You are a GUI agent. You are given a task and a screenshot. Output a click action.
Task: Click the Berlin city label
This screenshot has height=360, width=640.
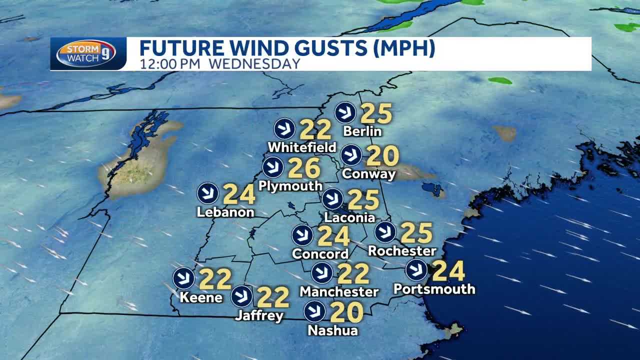(362, 131)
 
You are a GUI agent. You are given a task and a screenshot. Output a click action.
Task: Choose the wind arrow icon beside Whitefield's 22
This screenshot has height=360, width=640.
(284, 129)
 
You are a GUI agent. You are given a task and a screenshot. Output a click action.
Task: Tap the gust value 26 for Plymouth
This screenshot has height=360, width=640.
(304, 168)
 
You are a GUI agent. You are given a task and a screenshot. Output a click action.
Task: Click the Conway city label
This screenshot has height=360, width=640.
(369, 173)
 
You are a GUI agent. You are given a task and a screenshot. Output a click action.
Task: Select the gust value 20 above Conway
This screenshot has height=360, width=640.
(382, 155)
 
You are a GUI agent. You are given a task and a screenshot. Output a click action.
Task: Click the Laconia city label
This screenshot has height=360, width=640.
(349, 217)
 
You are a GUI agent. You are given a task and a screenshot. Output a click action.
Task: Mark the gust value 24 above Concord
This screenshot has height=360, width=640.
(333, 236)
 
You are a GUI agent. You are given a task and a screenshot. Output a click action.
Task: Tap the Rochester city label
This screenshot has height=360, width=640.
(402, 250)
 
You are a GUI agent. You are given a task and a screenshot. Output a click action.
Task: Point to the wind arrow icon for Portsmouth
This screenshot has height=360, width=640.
(416, 270)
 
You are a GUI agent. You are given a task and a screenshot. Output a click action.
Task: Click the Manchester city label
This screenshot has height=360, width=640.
(339, 291)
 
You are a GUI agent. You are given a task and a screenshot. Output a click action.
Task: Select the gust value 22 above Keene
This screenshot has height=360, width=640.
(215, 279)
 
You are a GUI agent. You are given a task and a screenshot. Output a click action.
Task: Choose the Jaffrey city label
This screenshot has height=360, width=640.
(259, 315)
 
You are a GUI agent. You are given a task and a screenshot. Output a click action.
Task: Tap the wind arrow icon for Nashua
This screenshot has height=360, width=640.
(314, 311)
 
